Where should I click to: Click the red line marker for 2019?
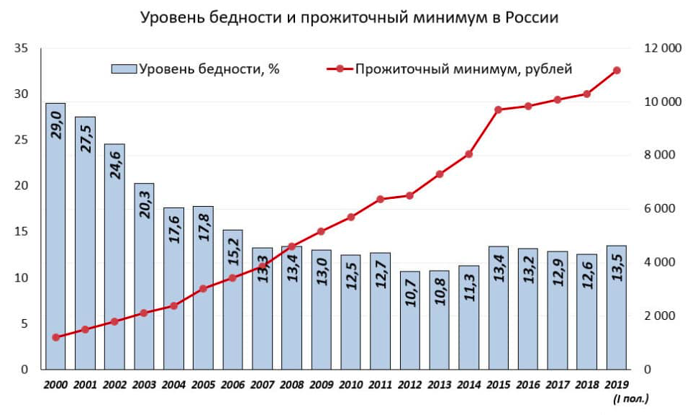click(x=617, y=70)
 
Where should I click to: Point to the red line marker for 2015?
click(x=499, y=110)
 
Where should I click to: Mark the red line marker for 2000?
click(x=55, y=337)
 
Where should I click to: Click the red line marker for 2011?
click(x=380, y=199)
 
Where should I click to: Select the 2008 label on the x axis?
click(x=291, y=385)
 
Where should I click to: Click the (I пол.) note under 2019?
click(x=631, y=398)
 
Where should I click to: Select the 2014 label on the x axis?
click(x=468, y=385)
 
